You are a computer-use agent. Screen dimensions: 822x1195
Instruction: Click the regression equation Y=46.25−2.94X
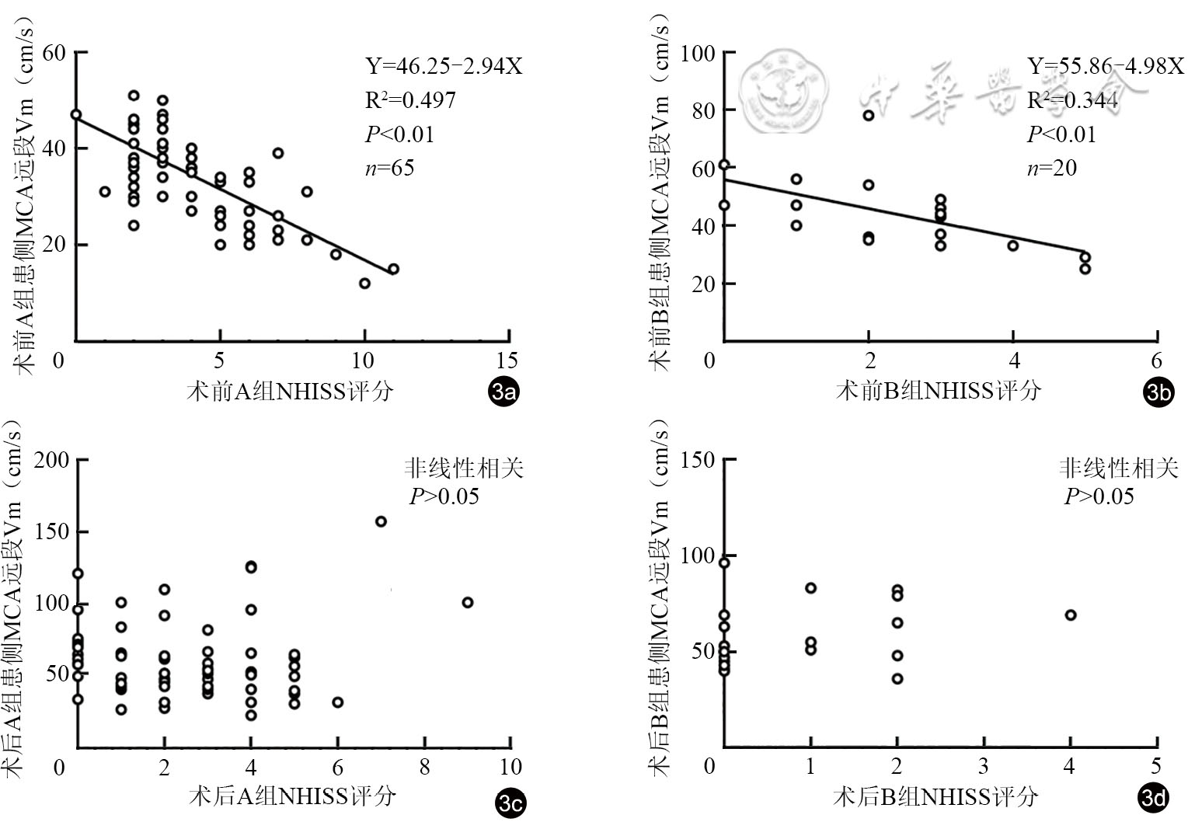[x=444, y=66]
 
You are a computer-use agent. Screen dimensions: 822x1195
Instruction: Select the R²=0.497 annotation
[x=410, y=100]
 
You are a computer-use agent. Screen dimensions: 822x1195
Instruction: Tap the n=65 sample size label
[x=389, y=168]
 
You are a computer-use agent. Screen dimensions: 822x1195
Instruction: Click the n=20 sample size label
[x=1052, y=168]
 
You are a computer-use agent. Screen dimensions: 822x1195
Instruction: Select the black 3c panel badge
[x=510, y=803]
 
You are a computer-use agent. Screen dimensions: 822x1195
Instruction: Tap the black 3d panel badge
[x=1153, y=798]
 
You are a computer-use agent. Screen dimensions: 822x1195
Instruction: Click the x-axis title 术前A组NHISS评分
[x=289, y=391]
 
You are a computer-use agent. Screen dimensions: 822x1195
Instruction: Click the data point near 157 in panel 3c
[x=381, y=521]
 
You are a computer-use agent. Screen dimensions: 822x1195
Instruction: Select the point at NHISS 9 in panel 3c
[x=467, y=602]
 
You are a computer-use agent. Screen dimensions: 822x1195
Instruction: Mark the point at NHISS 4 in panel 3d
[x=1070, y=615]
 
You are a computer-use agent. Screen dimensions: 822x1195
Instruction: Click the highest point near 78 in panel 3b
[x=868, y=115]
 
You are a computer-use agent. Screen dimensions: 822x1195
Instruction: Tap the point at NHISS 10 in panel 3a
[x=364, y=283]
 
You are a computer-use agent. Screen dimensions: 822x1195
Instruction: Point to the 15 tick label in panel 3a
[x=507, y=360]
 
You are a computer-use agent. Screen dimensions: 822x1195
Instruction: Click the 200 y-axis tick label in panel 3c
[x=52, y=460]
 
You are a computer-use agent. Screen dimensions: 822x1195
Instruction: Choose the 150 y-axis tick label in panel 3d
[x=698, y=460]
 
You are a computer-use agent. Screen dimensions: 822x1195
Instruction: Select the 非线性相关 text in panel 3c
[x=463, y=468]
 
